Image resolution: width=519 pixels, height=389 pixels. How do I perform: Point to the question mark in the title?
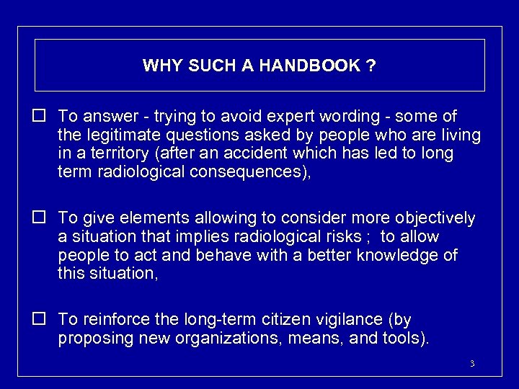[x=371, y=66]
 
